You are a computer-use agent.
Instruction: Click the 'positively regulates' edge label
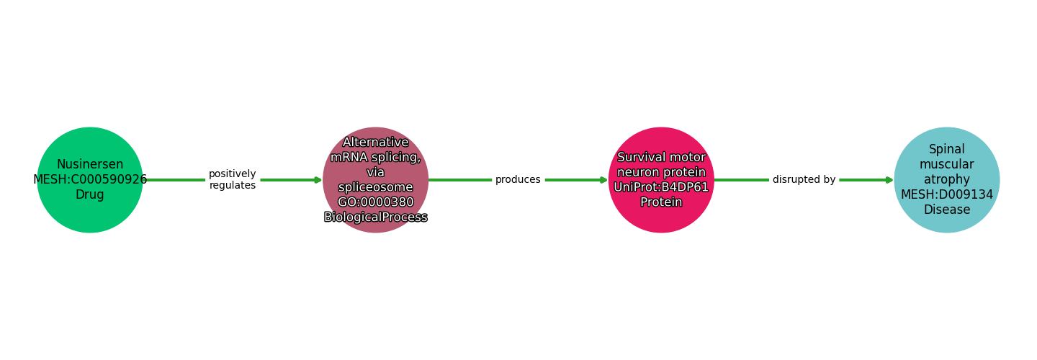point(232,180)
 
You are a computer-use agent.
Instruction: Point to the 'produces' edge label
point(518,180)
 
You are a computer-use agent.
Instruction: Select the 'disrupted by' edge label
point(804,180)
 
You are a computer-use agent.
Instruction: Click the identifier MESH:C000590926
point(90,180)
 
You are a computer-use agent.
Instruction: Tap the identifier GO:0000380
point(375,202)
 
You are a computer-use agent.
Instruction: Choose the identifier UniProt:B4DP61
point(661,187)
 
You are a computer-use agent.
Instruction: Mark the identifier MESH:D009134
point(947,195)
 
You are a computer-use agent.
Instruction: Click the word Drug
point(90,195)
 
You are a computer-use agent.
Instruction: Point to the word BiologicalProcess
point(375,217)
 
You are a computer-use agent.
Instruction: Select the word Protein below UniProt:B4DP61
point(661,202)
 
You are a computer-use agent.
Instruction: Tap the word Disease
point(947,210)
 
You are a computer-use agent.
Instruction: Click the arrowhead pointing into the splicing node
point(318,180)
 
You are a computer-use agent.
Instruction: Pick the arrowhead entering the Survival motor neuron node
point(603,180)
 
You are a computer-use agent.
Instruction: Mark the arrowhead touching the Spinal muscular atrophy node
point(889,180)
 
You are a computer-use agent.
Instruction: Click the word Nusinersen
point(90,165)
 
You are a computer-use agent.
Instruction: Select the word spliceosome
point(375,187)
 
